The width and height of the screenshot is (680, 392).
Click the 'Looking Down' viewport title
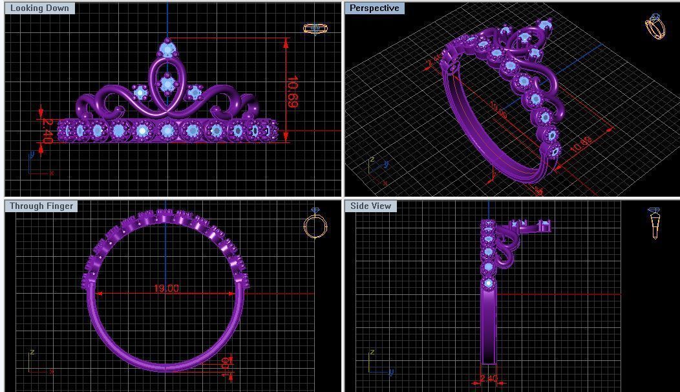click(x=39, y=8)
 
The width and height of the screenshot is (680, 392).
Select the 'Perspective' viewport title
click(x=374, y=8)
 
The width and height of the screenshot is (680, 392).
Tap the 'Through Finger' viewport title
click(x=41, y=206)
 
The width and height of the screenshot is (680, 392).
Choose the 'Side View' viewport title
click(x=370, y=206)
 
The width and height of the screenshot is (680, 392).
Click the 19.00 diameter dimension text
click(x=166, y=289)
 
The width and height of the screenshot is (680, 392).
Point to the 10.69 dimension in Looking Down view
click(x=292, y=91)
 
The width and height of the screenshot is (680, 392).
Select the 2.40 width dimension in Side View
click(x=489, y=379)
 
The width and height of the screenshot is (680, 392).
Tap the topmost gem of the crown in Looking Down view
click(x=167, y=49)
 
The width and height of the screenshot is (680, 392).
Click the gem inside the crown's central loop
click(x=167, y=83)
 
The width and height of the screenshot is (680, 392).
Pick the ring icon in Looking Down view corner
click(x=314, y=28)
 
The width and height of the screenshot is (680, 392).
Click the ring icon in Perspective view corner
click(x=655, y=27)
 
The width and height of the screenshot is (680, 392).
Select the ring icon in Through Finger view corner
click(x=315, y=224)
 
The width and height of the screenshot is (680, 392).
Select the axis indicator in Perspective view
click(x=376, y=168)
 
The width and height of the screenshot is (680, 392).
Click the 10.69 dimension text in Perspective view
click(x=580, y=144)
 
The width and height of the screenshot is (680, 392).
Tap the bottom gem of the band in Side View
click(x=488, y=283)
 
